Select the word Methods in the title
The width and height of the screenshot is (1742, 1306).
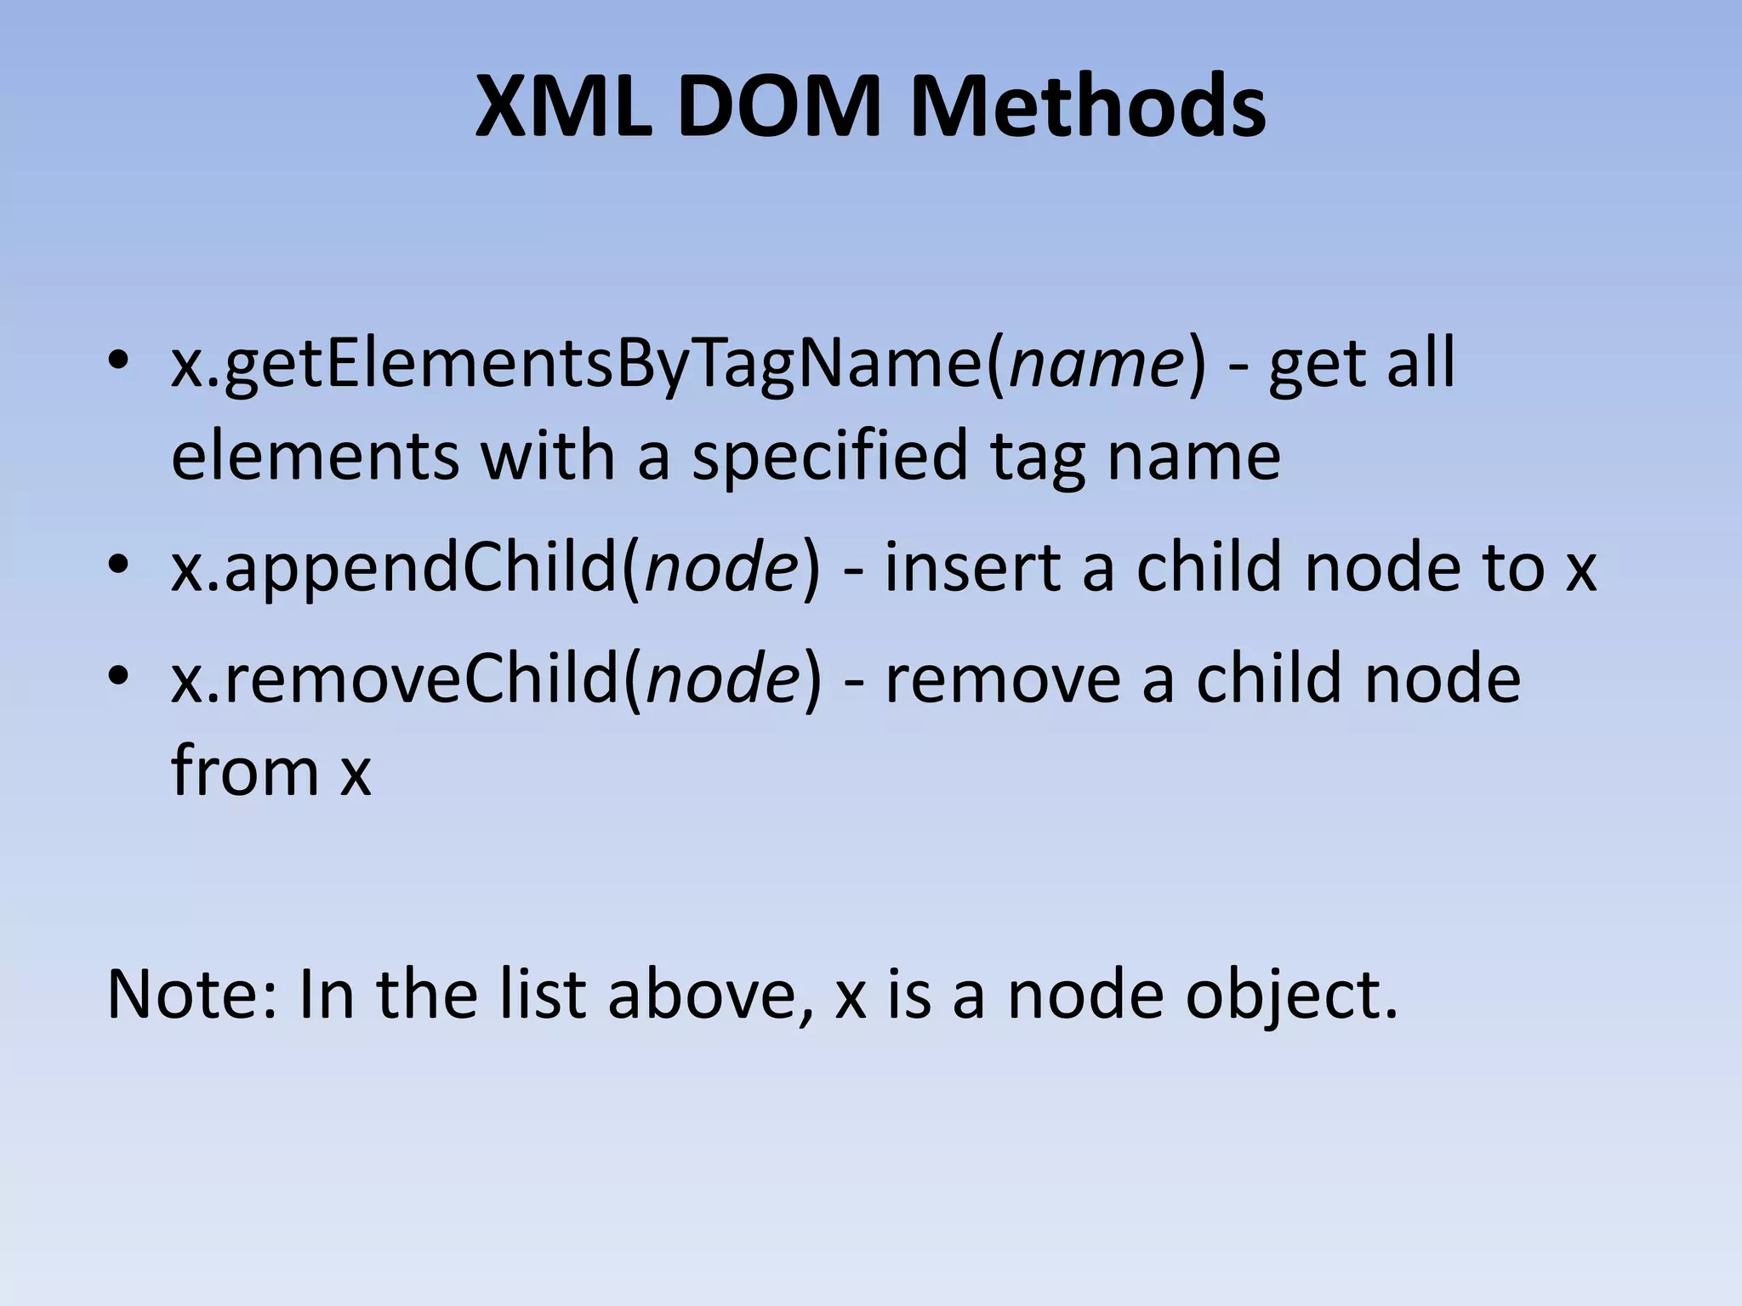point(1088,108)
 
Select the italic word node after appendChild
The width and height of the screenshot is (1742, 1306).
point(722,568)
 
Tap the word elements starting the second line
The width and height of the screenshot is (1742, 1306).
point(316,456)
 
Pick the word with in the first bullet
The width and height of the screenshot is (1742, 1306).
point(548,456)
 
